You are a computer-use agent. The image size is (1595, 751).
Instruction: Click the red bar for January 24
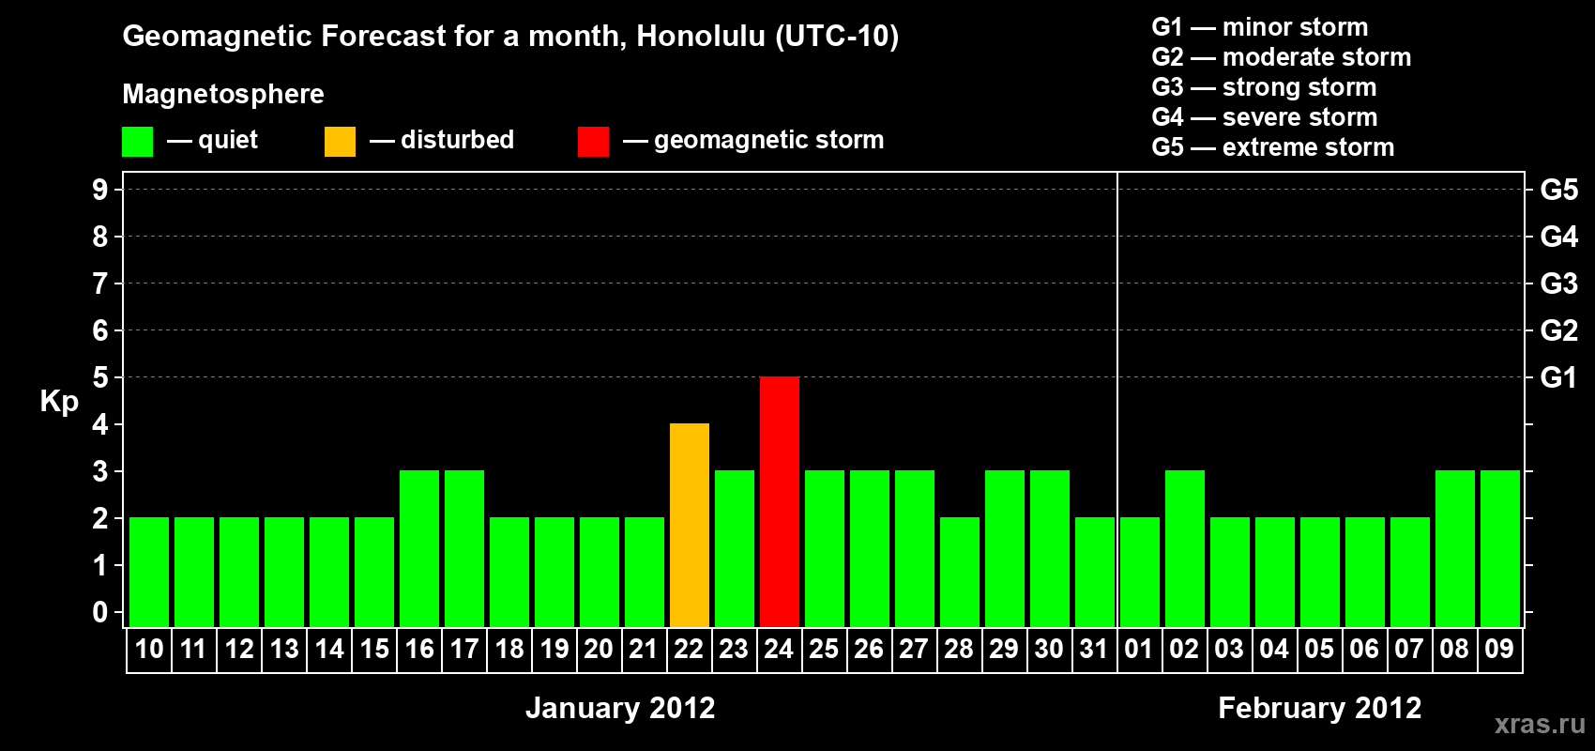[x=779, y=501]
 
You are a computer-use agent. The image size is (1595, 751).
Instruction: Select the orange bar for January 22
[x=690, y=525]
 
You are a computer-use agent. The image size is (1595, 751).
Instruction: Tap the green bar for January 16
[x=419, y=548]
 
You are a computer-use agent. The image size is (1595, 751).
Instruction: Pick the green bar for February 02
[x=1185, y=548]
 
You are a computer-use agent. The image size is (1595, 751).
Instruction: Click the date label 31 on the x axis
[x=1094, y=649]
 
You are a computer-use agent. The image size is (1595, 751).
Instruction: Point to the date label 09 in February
[x=1499, y=649]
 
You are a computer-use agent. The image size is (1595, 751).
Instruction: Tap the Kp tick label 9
[x=99, y=190]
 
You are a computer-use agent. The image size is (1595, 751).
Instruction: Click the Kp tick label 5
[x=99, y=377]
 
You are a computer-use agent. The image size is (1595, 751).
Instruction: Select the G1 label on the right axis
[x=1558, y=377]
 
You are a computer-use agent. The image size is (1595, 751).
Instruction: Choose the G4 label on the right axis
[x=1558, y=237]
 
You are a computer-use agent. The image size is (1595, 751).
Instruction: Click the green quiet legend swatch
[x=137, y=141]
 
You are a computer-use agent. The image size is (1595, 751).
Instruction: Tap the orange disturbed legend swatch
[x=340, y=141]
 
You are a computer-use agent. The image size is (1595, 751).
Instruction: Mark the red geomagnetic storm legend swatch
[x=593, y=141]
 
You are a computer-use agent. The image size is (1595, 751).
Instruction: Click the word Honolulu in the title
[x=702, y=36]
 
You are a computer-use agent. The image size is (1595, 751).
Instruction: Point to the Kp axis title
[x=59, y=402]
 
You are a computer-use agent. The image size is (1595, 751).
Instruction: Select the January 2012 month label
[x=620, y=708]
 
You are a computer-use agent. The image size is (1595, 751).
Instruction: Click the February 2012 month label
[x=1319, y=708]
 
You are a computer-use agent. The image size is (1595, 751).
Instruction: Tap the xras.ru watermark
[x=1541, y=725]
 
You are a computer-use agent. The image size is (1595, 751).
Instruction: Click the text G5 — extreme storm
[x=1273, y=147]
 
